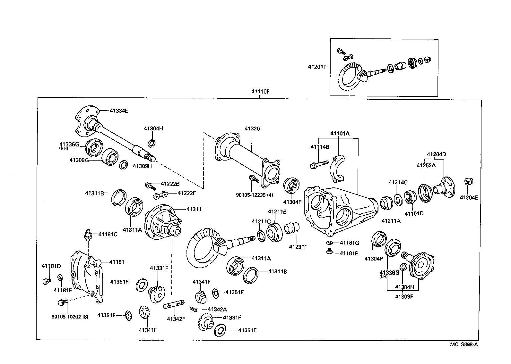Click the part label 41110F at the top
coord(260,91)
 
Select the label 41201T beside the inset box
coord(317,67)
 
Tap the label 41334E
coord(118,111)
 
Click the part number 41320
coord(252,128)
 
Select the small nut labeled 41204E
coord(468,182)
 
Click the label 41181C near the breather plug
coord(108,235)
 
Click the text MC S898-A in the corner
coord(464,344)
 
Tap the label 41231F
coord(298,247)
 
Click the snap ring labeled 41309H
coord(124,165)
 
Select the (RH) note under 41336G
coord(64,149)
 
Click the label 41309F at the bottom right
coord(404,296)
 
